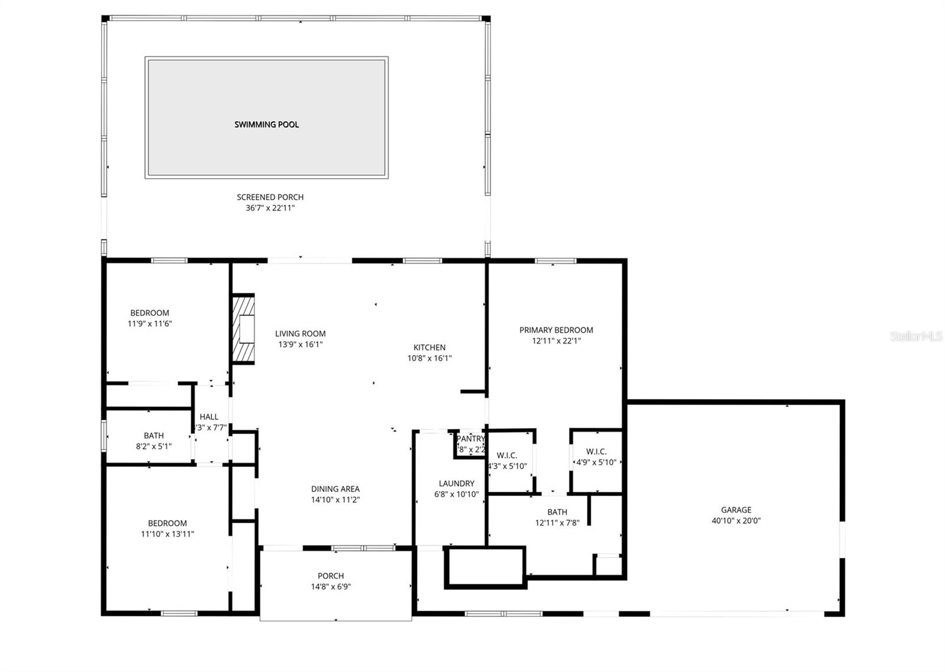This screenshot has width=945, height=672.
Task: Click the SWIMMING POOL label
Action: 266,125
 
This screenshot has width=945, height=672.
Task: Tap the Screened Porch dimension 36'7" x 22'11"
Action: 270,208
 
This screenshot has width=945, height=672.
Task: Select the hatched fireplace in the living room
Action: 243,330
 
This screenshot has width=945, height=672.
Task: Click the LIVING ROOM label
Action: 300,334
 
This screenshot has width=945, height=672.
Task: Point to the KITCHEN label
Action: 429,347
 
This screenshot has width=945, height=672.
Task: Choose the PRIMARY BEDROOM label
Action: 556,330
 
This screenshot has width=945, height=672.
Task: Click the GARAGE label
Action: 736,510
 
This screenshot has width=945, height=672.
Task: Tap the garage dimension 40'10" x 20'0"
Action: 736,521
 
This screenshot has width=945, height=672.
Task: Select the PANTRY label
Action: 471,439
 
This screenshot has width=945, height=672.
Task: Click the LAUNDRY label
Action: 456,483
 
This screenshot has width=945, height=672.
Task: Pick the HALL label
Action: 208,417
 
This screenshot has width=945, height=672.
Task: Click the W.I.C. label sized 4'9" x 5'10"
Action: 597,452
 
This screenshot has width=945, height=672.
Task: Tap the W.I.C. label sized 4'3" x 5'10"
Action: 507,455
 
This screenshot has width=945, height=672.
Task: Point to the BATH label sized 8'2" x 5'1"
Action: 154,436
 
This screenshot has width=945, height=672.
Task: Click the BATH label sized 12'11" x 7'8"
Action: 557,512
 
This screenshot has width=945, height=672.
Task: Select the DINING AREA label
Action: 335,489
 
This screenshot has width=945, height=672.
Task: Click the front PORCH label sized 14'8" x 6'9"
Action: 331,576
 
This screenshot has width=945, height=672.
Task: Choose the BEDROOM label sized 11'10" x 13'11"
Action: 167,523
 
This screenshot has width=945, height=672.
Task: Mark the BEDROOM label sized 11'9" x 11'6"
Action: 149,313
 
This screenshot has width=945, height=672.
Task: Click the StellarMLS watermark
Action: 915,337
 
